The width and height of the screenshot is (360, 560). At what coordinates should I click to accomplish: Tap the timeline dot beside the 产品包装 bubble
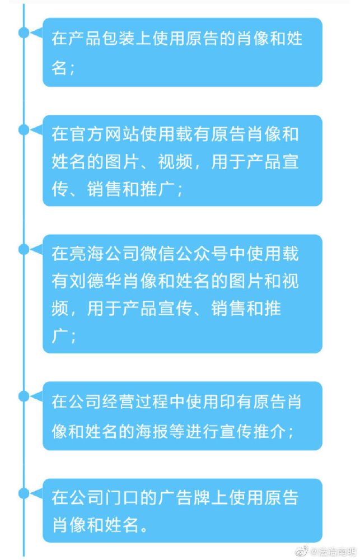[24, 32]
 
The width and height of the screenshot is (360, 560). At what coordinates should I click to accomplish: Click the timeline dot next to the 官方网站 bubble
[24, 130]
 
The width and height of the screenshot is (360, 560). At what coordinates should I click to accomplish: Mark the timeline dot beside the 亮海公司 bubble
[24, 249]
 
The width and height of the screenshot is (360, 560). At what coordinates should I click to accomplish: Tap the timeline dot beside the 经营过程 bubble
[24, 396]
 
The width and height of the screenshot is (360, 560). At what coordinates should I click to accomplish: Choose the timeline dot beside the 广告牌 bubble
[24, 493]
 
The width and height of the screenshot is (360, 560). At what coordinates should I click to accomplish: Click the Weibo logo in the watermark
[301, 551]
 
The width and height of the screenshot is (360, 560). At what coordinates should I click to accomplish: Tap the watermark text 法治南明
[335, 552]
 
